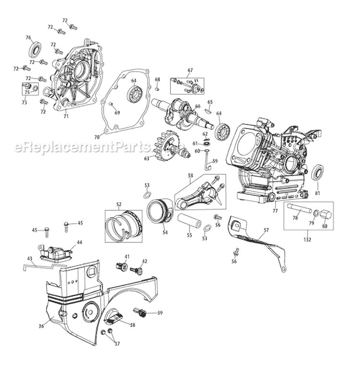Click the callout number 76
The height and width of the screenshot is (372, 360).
click(x=28, y=37)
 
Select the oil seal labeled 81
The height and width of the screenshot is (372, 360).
click(x=317, y=172)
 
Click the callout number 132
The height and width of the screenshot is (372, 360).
click(x=307, y=239)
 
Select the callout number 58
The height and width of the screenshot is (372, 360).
click(x=191, y=176)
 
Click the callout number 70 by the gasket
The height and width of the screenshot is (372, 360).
click(x=97, y=137)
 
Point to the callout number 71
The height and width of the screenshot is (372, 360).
click(x=66, y=116)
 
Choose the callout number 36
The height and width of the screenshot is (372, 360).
click(x=41, y=326)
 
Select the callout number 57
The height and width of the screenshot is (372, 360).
click(x=267, y=230)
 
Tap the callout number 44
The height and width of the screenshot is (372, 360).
click(x=79, y=242)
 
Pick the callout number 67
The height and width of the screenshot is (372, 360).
click(x=190, y=70)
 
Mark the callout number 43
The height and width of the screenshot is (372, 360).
click(x=30, y=259)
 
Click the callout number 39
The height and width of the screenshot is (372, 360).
click(x=160, y=312)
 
